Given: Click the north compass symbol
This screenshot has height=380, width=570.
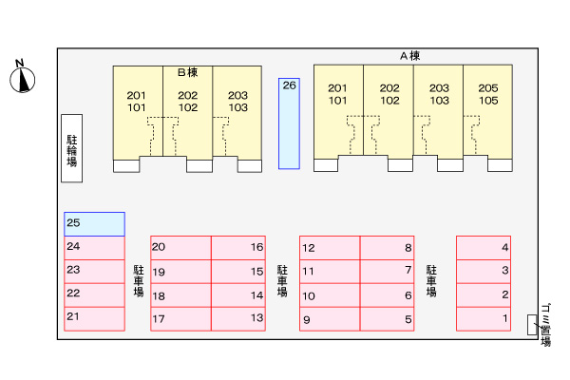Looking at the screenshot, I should (x=22, y=78).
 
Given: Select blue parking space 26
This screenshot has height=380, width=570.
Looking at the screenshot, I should (x=289, y=123).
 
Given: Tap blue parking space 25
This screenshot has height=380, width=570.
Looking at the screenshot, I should (x=94, y=224).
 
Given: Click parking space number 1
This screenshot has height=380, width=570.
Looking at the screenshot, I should (x=484, y=319).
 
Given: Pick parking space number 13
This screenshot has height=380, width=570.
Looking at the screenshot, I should (x=237, y=319).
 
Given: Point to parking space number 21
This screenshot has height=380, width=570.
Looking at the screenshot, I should (x=94, y=317).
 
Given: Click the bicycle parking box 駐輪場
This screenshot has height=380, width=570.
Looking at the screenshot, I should (x=71, y=148).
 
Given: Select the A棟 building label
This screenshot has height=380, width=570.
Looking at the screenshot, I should (x=409, y=56).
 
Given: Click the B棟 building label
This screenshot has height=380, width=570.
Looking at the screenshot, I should (x=186, y=71).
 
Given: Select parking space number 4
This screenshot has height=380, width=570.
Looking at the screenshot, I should (x=484, y=248).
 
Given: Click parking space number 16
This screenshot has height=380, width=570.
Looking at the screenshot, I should (x=237, y=248).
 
